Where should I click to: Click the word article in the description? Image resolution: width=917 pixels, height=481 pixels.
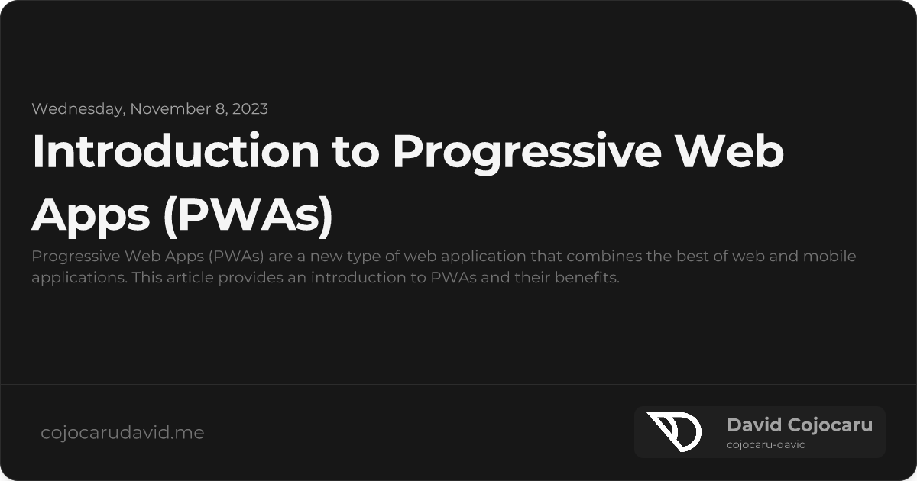point(187,277)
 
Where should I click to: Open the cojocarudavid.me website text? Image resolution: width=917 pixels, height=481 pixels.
point(122,433)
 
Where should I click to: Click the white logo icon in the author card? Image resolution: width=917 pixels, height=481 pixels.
point(674,431)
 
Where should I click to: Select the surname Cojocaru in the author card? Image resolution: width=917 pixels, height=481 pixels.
point(830,425)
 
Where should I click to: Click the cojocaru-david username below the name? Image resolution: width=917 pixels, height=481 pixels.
point(766,445)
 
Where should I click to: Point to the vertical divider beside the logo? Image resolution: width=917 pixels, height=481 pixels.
point(714,431)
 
